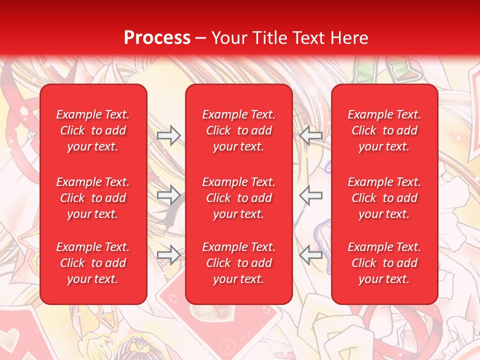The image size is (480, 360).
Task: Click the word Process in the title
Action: pos(157,37)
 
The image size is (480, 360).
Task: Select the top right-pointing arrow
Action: pos(169,135)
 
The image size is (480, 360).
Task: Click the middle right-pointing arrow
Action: pos(169,195)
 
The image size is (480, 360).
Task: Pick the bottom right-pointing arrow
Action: pos(169,255)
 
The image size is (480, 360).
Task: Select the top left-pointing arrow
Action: pos(310,135)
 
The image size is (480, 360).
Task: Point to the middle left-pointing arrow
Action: pos(310,195)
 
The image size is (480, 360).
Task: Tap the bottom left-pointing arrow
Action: pos(310,255)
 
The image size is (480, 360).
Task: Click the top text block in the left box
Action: pos(93,130)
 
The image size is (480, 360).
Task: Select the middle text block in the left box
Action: pos(93,198)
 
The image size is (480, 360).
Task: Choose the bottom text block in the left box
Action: pos(93,263)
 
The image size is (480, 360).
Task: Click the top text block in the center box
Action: pos(239,130)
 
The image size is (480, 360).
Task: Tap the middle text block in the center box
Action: pos(239,198)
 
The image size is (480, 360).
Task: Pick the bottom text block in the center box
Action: pos(239,263)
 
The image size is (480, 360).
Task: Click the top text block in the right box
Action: pos(384,130)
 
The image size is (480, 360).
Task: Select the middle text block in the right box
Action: pos(384,198)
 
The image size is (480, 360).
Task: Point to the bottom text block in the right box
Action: pos(384,263)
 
